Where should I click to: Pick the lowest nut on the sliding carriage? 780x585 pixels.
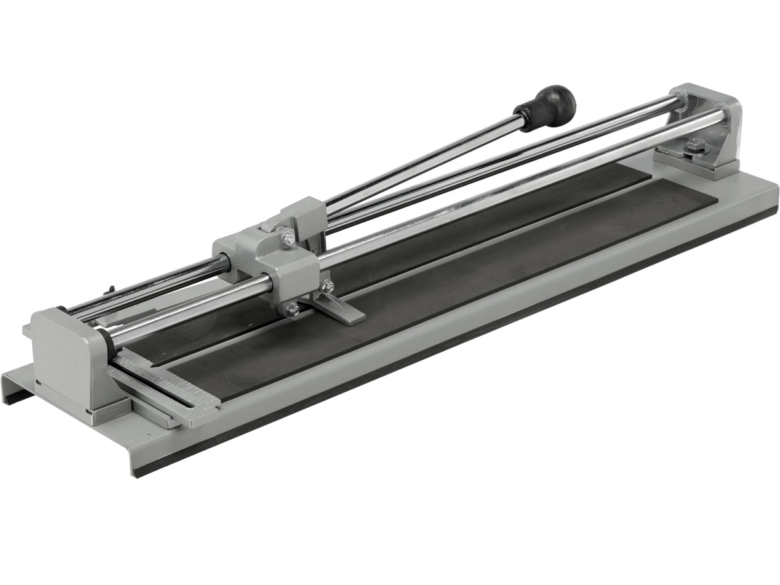click(292, 310)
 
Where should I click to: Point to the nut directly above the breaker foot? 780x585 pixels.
click(328, 286)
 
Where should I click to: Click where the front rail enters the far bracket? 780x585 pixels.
click(720, 119)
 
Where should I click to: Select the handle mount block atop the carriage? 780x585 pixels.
click(302, 215)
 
